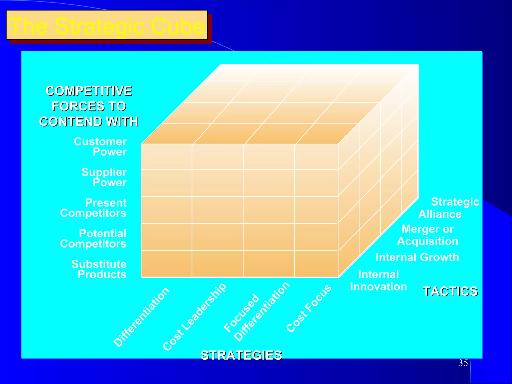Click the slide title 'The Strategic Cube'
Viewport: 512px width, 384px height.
click(107, 25)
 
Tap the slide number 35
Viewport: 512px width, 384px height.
click(463, 363)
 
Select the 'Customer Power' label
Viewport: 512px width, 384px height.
click(100, 147)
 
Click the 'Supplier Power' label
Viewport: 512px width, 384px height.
click(104, 177)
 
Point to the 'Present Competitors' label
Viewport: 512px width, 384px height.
click(93, 208)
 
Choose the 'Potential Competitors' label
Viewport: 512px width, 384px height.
click(93, 238)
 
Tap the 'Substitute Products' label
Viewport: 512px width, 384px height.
click(99, 269)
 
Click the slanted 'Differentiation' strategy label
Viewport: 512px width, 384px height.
click(141, 317)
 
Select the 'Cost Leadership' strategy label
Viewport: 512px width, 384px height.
click(194, 317)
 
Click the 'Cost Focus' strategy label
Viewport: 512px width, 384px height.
click(309, 308)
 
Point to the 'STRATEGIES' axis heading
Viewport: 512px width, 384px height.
click(241, 355)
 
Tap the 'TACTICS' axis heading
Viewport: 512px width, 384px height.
click(450, 291)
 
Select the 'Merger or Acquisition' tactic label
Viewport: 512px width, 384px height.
click(428, 235)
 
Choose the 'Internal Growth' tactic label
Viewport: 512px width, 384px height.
click(417, 257)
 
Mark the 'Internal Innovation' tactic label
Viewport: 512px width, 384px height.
click(378, 280)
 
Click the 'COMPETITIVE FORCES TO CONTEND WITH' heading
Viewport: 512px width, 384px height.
click(89, 106)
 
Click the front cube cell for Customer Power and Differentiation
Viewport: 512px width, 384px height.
click(166, 157)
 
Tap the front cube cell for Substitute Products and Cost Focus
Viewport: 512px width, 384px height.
click(316, 264)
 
